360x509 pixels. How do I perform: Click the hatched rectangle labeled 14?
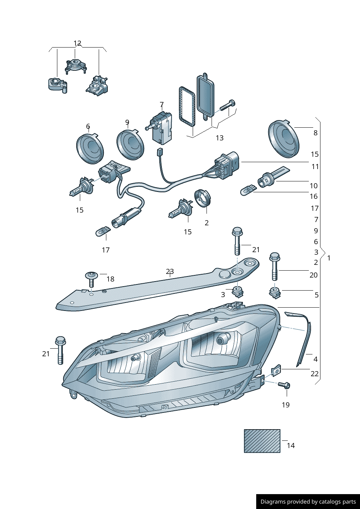pyautogui.click(x=262, y=441)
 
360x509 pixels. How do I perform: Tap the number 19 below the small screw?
pyautogui.click(x=286, y=405)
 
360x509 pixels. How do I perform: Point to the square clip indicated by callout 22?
pyautogui.click(x=277, y=370)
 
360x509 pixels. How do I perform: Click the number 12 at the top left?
pyautogui.click(x=77, y=44)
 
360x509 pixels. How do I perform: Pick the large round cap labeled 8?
pyautogui.click(x=283, y=139)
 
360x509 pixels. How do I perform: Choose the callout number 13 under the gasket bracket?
pyautogui.click(x=220, y=138)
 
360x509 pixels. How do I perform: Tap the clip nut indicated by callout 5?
pyautogui.click(x=275, y=292)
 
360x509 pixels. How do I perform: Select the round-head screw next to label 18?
pyautogui.click(x=91, y=279)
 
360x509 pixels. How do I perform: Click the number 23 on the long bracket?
pyautogui.click(x=170, y=271)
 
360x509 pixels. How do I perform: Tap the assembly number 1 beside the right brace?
pyautogui.click(x=329, y=258)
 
